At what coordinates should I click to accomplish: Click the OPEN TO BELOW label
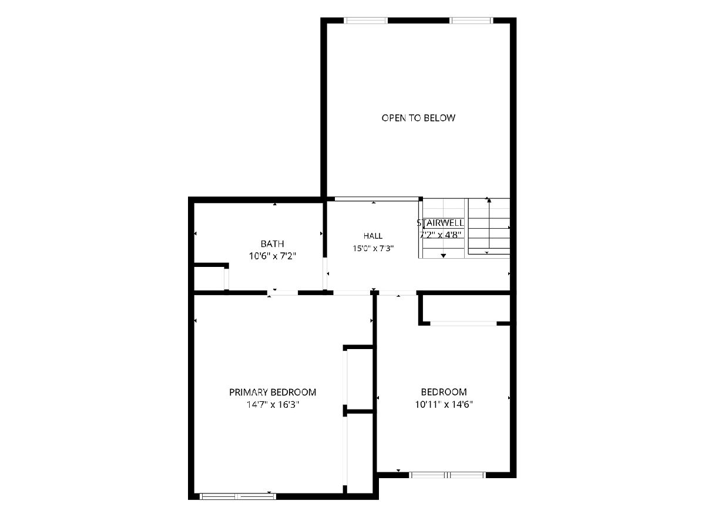pos(418,118)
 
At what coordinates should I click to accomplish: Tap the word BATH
pos(273,244)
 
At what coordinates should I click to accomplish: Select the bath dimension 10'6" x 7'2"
pos(273,256)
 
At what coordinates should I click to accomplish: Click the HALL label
pos(373,236)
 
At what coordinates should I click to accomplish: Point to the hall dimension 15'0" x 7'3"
pos(373,248)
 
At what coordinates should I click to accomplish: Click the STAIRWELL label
pos(440,223)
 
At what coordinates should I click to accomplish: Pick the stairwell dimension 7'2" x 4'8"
pos(440,235)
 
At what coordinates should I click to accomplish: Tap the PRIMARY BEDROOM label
pos(273,392)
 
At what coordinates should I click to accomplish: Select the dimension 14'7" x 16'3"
pos(273,405)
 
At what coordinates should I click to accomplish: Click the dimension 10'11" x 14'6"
pos(444,404)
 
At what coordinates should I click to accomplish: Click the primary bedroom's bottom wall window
pos(238,496)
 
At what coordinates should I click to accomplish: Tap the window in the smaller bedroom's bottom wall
pos(447,475)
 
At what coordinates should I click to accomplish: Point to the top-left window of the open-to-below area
pos(365,21)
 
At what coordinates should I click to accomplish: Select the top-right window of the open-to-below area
pos(471,21)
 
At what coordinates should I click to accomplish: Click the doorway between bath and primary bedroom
pos(283,292)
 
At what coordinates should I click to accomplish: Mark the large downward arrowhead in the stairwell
pos(443,256)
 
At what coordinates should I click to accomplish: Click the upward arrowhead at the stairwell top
pos(489,201)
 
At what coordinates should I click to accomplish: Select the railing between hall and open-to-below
pos(377,199)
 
